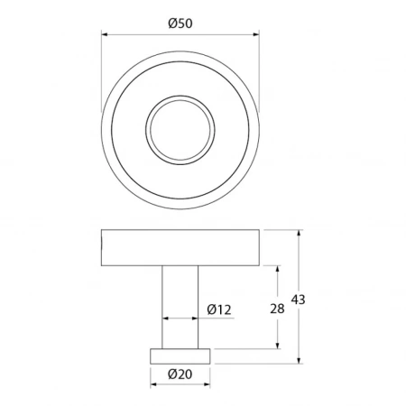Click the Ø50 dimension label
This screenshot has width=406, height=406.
point(180,23)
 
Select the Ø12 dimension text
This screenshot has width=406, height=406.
point(219,309)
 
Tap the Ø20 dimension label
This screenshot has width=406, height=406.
point(180,374)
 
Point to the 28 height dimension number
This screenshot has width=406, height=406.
point(277,309)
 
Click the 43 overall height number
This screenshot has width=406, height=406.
point(298,300)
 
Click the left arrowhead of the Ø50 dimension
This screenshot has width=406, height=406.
point(105,34)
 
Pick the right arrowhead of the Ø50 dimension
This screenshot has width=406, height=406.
point(256,34)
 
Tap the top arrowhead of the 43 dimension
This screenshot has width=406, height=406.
point(299,234)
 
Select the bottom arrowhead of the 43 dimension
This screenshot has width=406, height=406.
point(299,360)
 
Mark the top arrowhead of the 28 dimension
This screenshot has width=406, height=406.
point(277,270)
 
